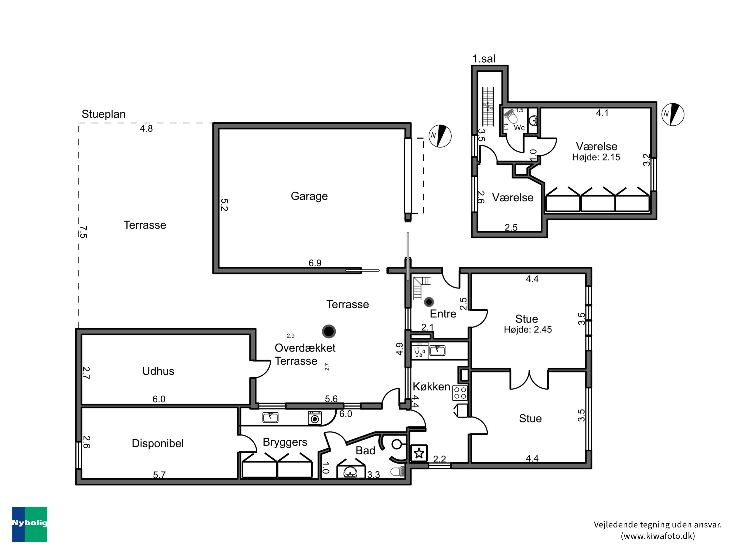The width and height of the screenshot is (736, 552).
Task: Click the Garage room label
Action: tap(309, 196)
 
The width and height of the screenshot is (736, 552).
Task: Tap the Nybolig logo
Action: tap(30, 524)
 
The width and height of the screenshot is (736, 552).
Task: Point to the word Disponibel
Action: tap(158, 443)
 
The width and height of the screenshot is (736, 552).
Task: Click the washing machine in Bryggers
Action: tap(315, 418)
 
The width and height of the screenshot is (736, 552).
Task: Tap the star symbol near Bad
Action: tap(419, 453)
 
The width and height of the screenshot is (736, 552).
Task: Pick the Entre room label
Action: tap(443, 314)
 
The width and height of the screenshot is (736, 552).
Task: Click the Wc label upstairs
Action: tap(519, 127)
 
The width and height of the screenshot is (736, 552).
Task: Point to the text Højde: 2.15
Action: tap(596, 158)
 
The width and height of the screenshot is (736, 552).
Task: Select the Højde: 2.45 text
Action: tap(528, 329)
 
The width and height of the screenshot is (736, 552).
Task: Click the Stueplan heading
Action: tap(104, 114)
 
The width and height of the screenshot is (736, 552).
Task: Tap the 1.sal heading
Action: tap(484, 59)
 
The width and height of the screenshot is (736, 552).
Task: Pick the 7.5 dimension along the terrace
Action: tap(83, 232)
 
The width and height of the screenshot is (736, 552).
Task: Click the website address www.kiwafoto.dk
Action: tap(657, 536)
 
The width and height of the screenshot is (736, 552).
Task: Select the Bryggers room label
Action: tap(285, 442)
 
